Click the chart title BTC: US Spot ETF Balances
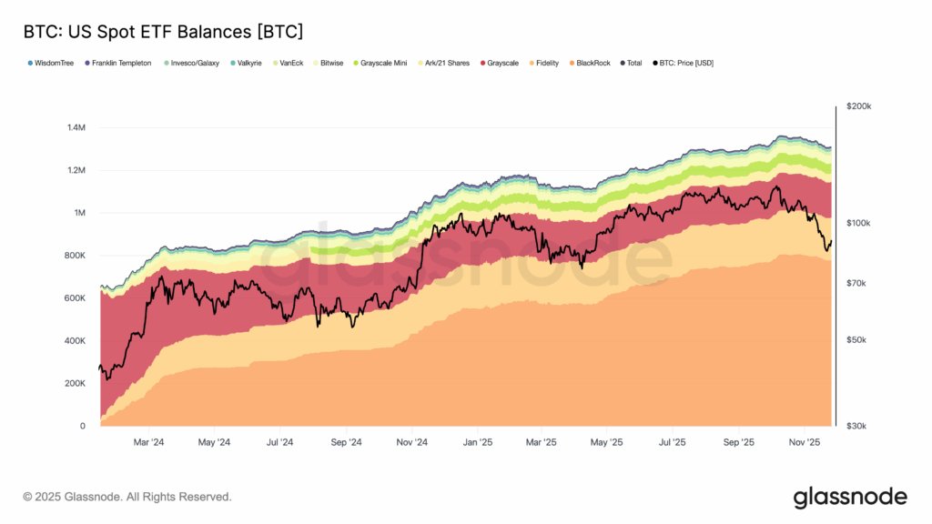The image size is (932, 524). click(163, 31)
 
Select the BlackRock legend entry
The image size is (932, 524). click(593, 63)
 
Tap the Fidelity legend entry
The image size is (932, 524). click(547, 63)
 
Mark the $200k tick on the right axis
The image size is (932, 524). click(858, 106)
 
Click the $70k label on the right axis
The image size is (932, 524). click(858, 284)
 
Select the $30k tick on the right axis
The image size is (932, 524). click(858, 426)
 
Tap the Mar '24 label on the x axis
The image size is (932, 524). click(148, 443)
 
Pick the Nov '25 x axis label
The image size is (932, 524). click(805, 443)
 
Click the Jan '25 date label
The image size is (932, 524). click(477, 443)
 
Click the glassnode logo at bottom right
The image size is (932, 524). click(849, 497)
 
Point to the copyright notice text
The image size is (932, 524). click(127, 497)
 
